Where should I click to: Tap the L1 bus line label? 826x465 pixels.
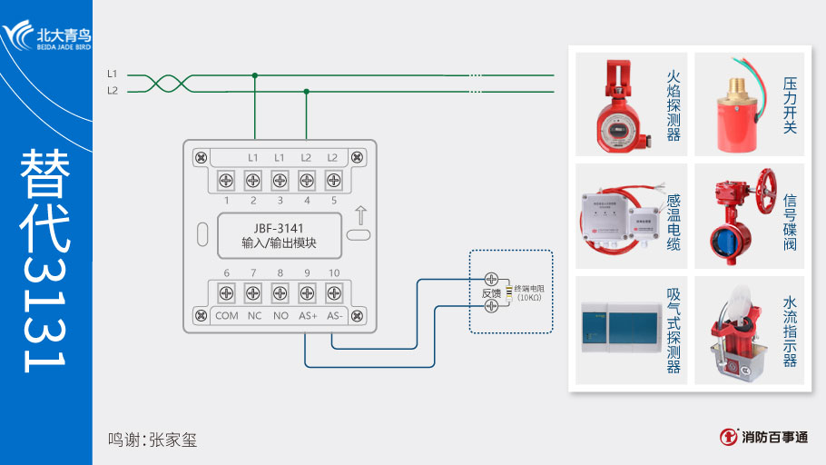pos(113,74)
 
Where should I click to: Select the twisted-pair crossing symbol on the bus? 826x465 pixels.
pos(163,83)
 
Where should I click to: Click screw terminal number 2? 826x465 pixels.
pos(253,179)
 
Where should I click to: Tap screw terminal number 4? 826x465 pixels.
pos(307,179)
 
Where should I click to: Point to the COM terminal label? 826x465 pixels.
pos(226,316)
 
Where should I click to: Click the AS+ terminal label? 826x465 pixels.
pos(307,316)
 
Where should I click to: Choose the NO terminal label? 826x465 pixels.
pos(280,316)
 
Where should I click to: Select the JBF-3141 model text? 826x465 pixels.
pos(279,227)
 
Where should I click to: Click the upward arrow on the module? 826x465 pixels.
pos(360,216)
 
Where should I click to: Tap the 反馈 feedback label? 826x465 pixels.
pos(490,292)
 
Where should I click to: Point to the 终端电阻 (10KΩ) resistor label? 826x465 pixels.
pos(534,292)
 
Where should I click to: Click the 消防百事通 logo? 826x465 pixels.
pos(763,437)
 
